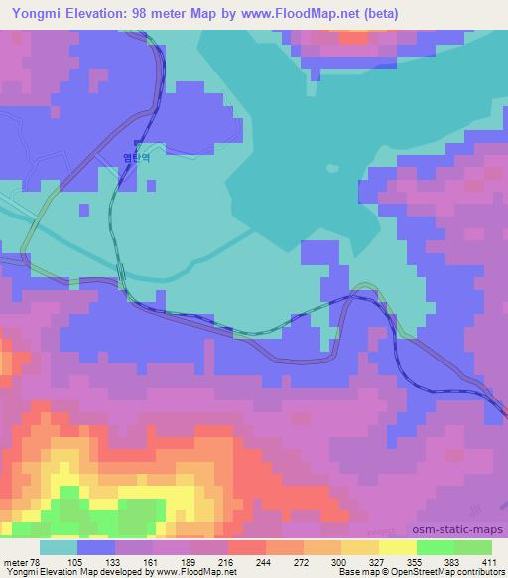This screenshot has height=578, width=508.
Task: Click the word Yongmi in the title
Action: coord(30,13)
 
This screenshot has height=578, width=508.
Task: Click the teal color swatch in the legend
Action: coord(58,547)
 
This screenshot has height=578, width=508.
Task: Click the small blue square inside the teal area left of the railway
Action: coord(83,210)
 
